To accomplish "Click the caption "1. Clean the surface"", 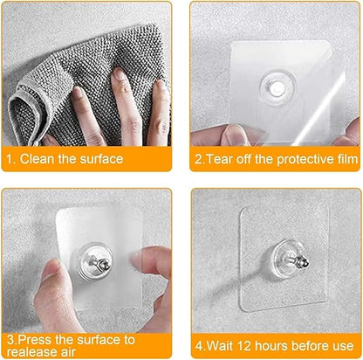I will [x=65, y=159].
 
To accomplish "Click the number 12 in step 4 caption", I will [x=243, y=344].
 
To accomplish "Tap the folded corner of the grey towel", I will [x=26, y=114].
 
